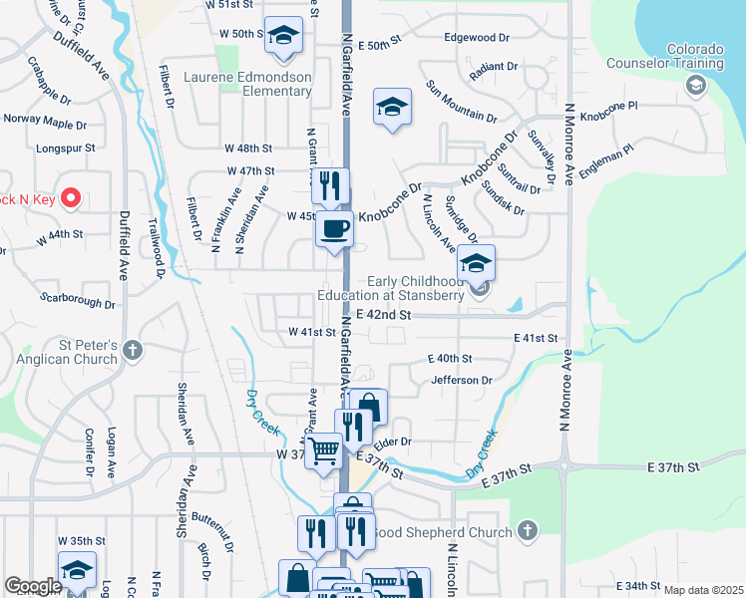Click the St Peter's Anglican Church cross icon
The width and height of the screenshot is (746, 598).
point(134,350)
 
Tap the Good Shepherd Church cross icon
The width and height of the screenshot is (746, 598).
point(528,531)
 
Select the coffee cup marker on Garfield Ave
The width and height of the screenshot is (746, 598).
point(334,229)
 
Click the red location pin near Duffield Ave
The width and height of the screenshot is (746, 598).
point(70,198)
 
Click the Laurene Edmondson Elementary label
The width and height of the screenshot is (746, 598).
point(259,84)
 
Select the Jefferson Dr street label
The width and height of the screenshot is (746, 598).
point(462,380)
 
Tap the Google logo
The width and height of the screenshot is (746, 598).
point(33,586)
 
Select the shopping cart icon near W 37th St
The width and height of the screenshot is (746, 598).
point(323,451)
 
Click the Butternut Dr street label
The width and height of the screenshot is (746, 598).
point(213,534)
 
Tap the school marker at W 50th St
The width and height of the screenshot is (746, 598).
point(284,37)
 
